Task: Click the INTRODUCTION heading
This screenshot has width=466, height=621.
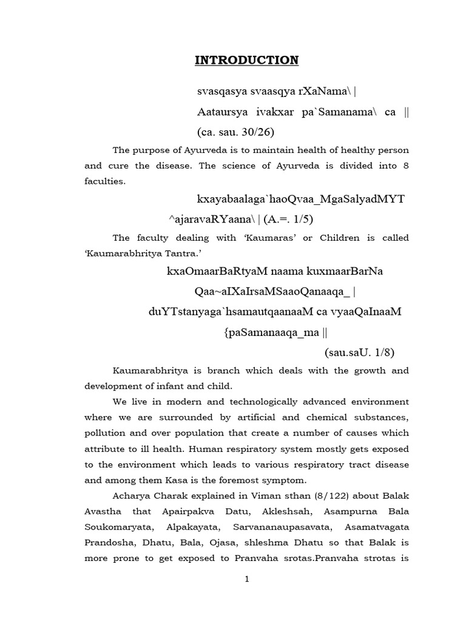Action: point(246,60)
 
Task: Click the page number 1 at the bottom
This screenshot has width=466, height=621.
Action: point(247,579)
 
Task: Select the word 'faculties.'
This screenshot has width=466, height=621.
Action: point(105,181)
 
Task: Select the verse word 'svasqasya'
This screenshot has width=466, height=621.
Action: point(219,92)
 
